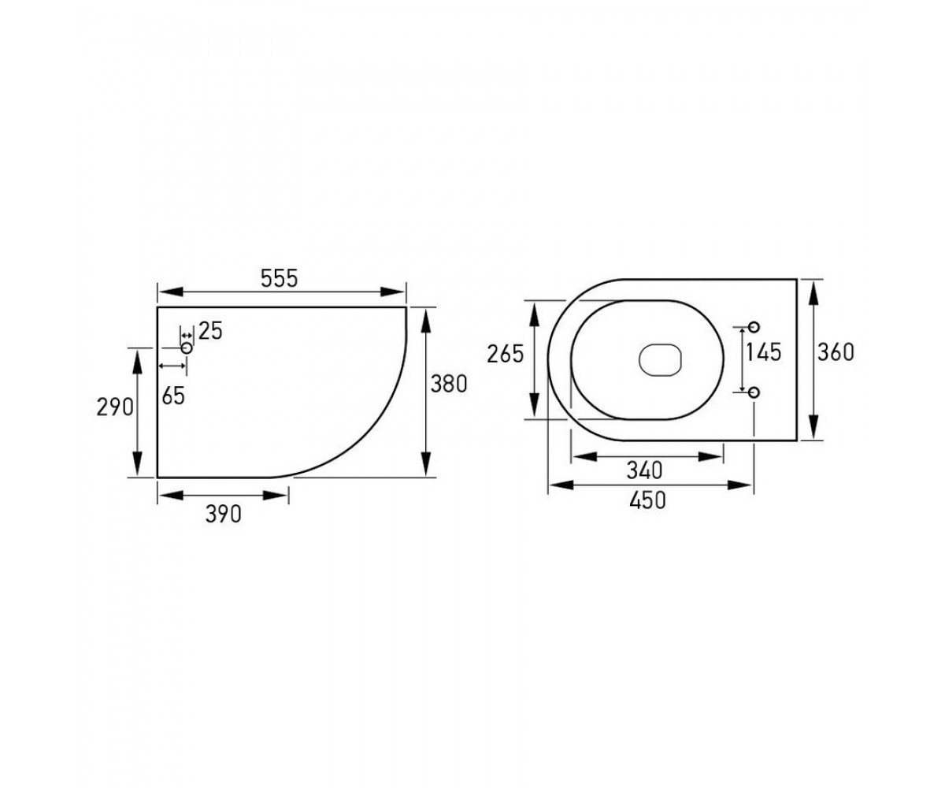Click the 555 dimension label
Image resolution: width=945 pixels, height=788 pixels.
click(280, 278)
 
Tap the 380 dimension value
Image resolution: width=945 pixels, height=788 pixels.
click(449, 384)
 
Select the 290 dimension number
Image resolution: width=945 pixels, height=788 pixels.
click(115, 407)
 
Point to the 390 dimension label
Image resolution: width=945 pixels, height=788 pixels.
click(224, 514)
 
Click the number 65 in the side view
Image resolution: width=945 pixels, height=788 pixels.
click(173, 396)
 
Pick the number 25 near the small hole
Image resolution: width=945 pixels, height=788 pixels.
click(210, 332)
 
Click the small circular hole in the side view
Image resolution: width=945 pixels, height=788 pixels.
click(187, 348)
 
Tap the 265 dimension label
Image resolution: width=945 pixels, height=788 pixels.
click(505, 354)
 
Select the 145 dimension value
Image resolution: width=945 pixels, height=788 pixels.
click(764, 352)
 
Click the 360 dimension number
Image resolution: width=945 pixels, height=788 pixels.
click(836, 352)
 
